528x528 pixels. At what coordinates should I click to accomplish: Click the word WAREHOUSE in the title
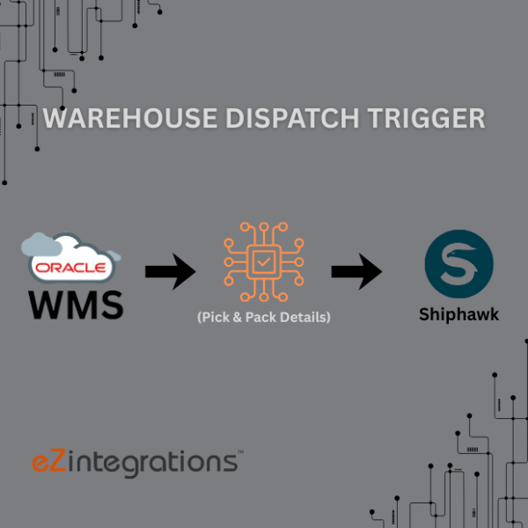coord(118,118)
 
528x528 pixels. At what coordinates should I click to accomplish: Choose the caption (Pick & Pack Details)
coord(264,317)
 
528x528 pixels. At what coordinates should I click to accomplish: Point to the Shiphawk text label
coord(458,314)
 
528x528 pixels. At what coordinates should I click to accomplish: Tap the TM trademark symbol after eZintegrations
coord(238,453)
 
